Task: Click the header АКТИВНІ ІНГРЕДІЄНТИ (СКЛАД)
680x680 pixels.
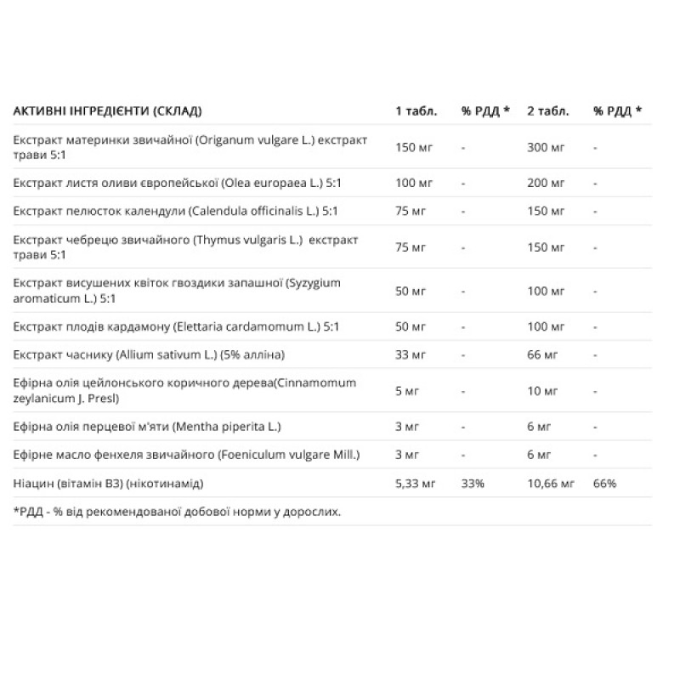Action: pyautogui.click(x=108, y=110)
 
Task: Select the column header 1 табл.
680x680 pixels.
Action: pyautogui.click(x=416, y=110)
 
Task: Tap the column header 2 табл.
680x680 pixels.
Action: pyautogui.click(x=549, y=110)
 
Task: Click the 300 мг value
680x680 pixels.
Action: pyautogui.click(x=547, y=147)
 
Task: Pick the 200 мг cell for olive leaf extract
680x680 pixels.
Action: pyautogui.click(x=547, y=183)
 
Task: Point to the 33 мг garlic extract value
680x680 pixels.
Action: pyautogui.click(x=411, y=352)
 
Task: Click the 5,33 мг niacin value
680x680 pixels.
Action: pyautogui.click(x=416, y=483)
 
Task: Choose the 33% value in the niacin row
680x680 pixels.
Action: pyautogui.click(x=473, y=483)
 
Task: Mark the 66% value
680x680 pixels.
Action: pyautogui.click(x=605, y=483)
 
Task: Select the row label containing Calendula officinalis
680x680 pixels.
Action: pyautogui.click(x=177, y=210)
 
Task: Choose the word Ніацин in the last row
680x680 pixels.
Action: pyautogui.click(x=32, y=483)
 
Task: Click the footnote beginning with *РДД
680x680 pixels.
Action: pyautogui.click(x=177, y=512)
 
